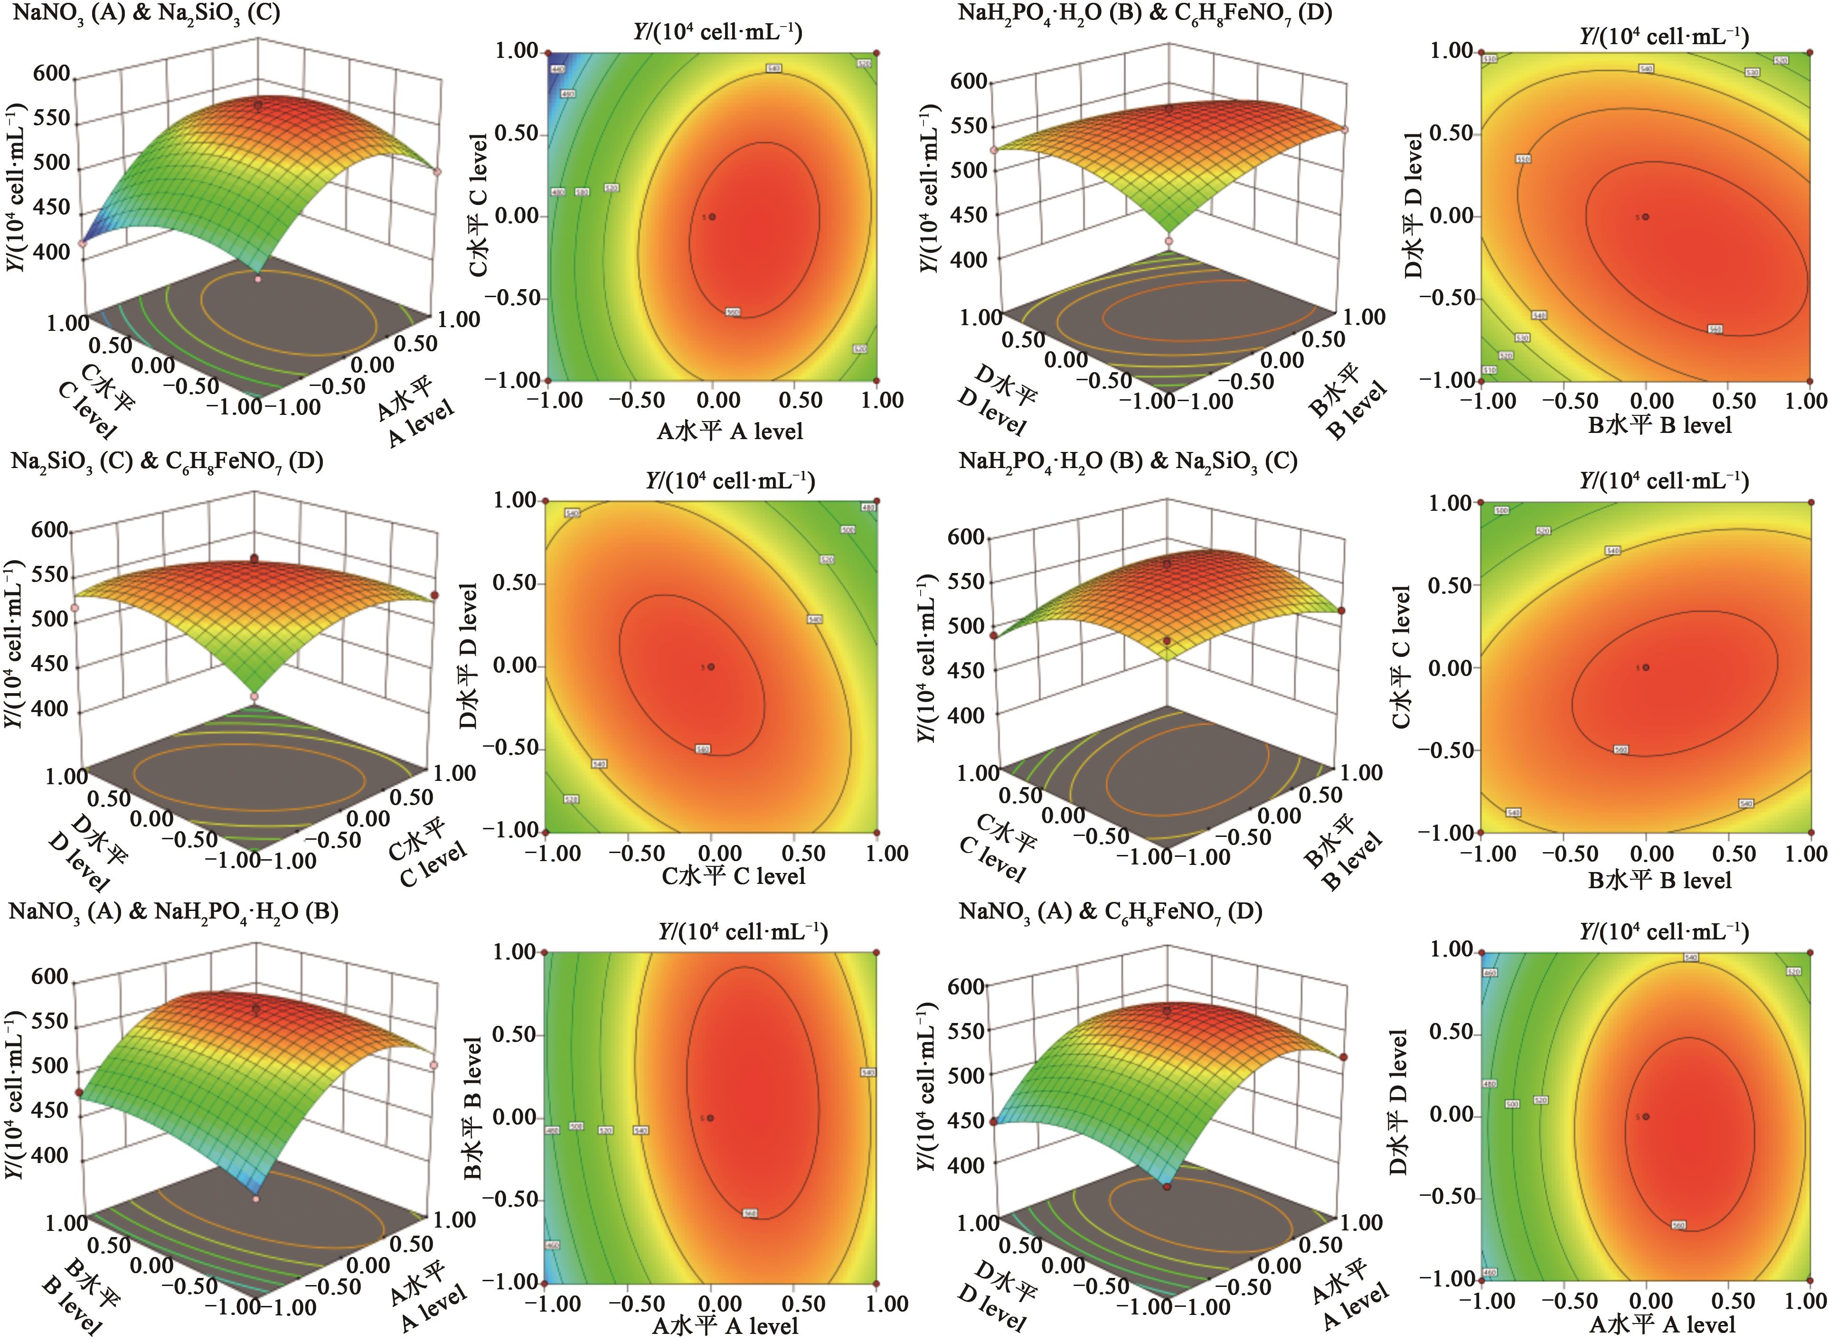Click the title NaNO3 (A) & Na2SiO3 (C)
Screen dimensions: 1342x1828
[x=146, y=14]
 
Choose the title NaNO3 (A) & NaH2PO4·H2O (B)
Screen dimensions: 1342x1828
[x=173, y=911]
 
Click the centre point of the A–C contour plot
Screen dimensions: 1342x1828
[x=713, y=217]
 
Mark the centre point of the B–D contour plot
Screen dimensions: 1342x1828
[x=1646, y=217]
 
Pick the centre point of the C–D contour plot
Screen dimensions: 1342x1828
[x=712, y=667]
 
